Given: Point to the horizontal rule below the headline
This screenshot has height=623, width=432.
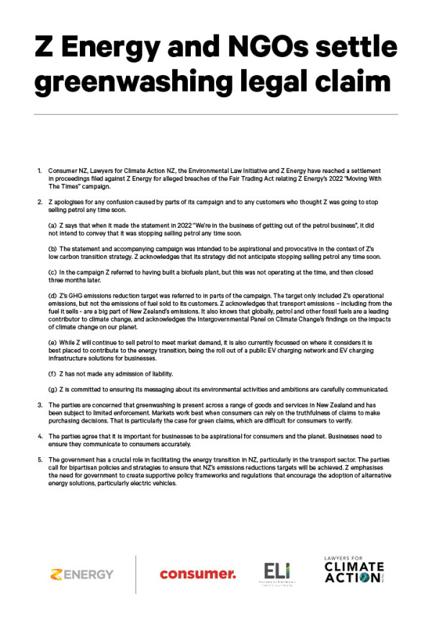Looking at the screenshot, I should (x=215, y=114).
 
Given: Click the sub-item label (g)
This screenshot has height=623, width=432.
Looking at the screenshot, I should (x=52, y=389).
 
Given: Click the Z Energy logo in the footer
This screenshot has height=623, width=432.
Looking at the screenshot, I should (x=81, y=574).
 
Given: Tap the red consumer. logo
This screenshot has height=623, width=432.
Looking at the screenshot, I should (x=198, y=574).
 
